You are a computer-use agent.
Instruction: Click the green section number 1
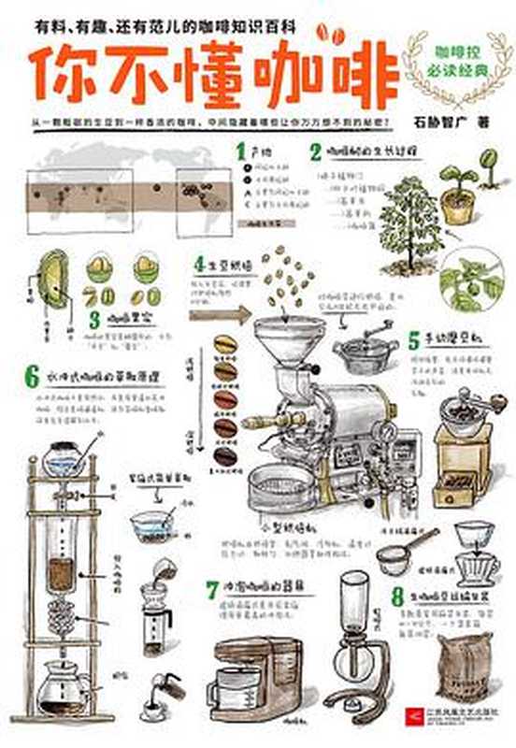[x=240, y=150]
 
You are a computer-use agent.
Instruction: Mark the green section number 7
[x=213, y=590]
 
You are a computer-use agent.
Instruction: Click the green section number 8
[x=397, y=594]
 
